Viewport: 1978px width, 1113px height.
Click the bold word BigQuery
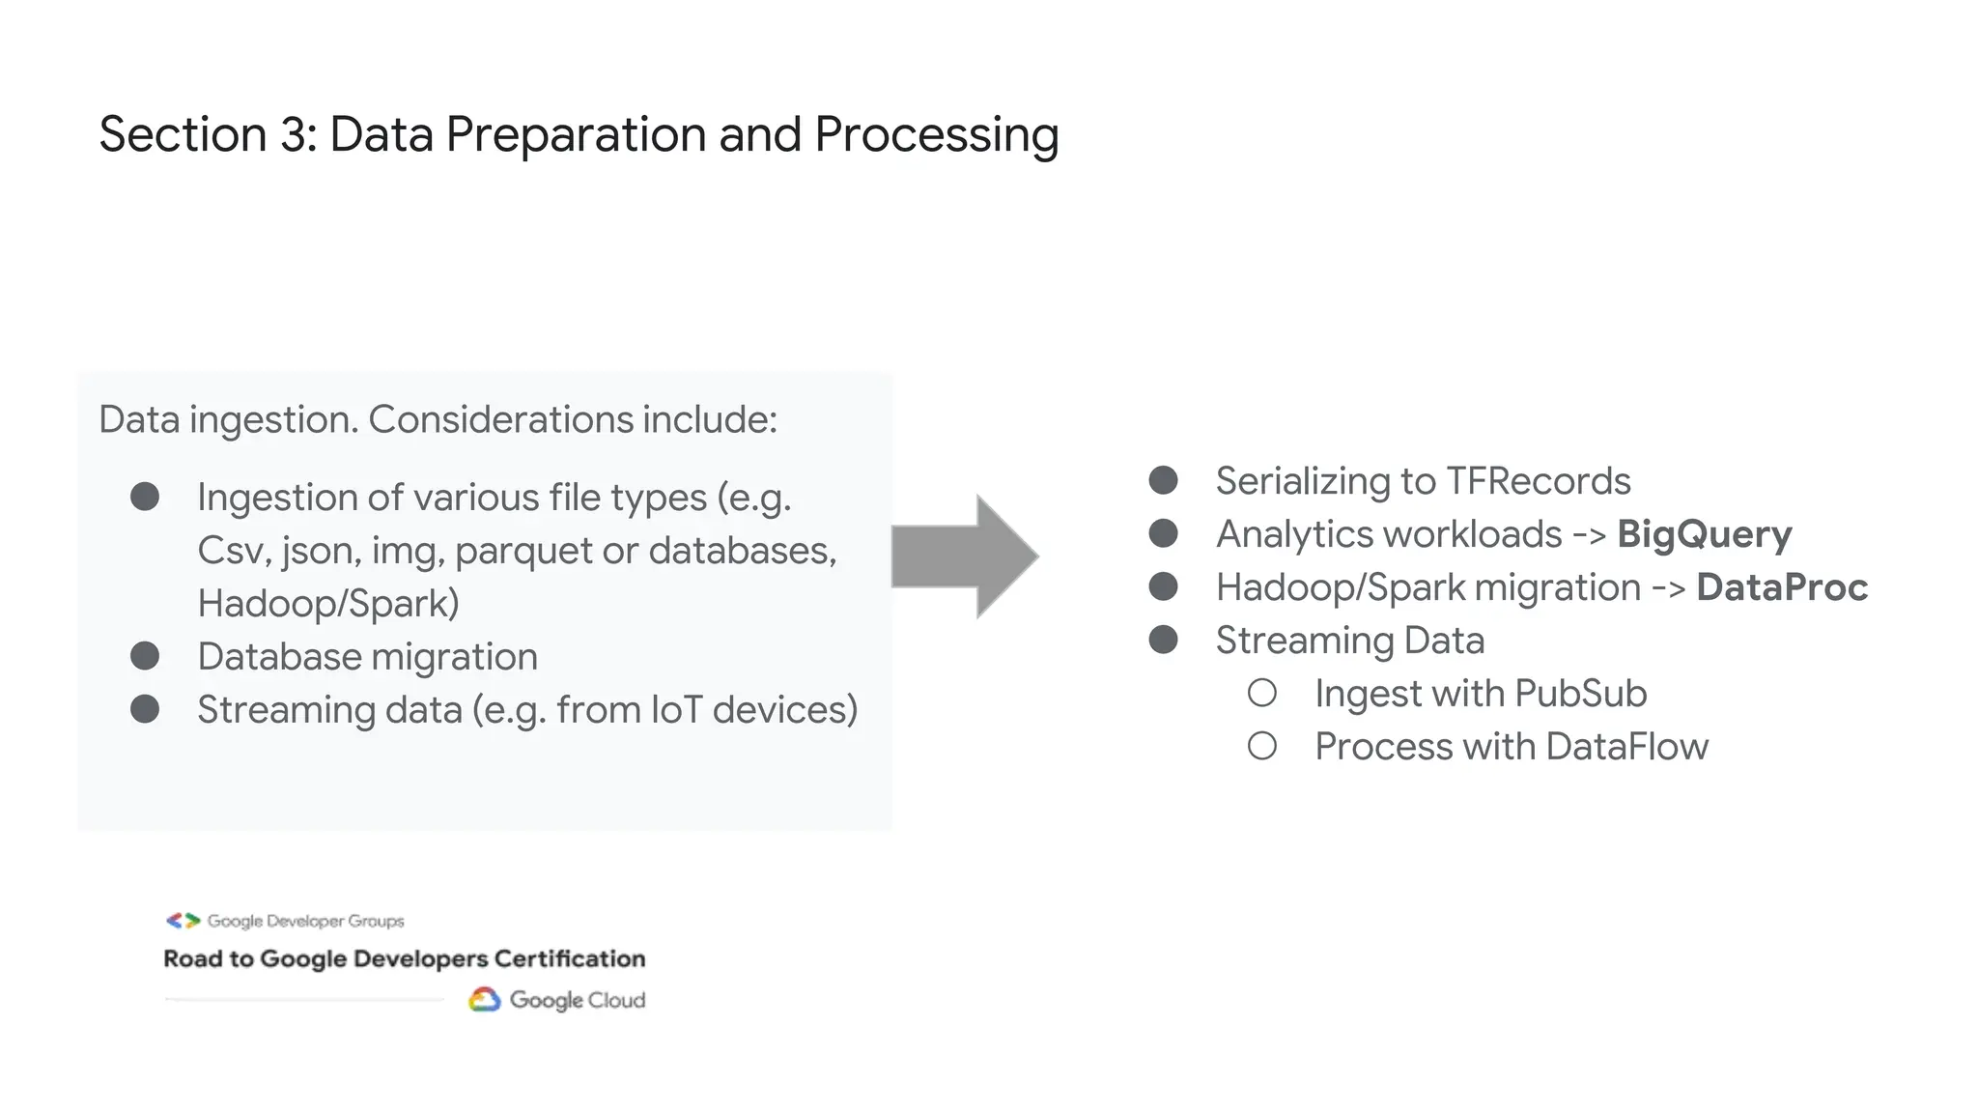pos(1704,534)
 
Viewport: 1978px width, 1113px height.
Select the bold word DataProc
pos(1781,587)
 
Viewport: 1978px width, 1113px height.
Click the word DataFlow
pos(1626,747)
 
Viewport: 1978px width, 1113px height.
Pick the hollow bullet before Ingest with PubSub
pos(1261,693)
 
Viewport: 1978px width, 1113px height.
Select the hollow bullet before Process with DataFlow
pos(1261,746)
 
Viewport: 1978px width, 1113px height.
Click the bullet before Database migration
pos(145,656)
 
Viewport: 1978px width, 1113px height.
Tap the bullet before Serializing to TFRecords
pos(1163,480)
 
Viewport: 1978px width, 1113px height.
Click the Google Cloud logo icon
pos(485,999)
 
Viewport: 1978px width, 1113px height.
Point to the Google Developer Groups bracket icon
pos(183,921)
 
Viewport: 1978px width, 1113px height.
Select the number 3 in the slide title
pos(293,134)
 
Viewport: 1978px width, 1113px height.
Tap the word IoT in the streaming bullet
pos(676,710)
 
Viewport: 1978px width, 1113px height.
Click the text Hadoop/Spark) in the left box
pos(328,604)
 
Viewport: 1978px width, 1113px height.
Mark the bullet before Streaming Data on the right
pos(1163,640)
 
